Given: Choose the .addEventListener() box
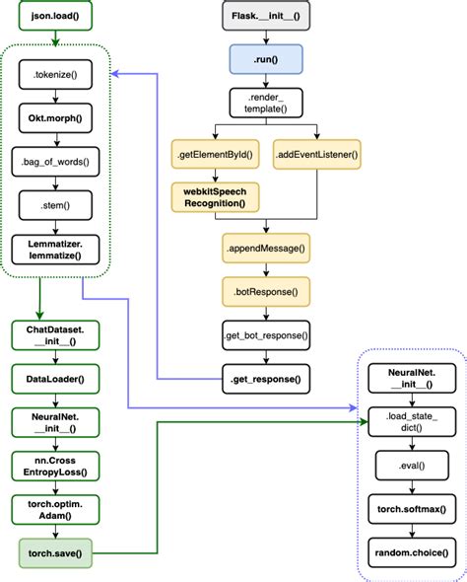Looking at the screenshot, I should tap(315, 156).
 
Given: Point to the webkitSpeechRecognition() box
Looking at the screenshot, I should tap(209, 196).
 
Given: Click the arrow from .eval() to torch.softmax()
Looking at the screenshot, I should tap(408, 485).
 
